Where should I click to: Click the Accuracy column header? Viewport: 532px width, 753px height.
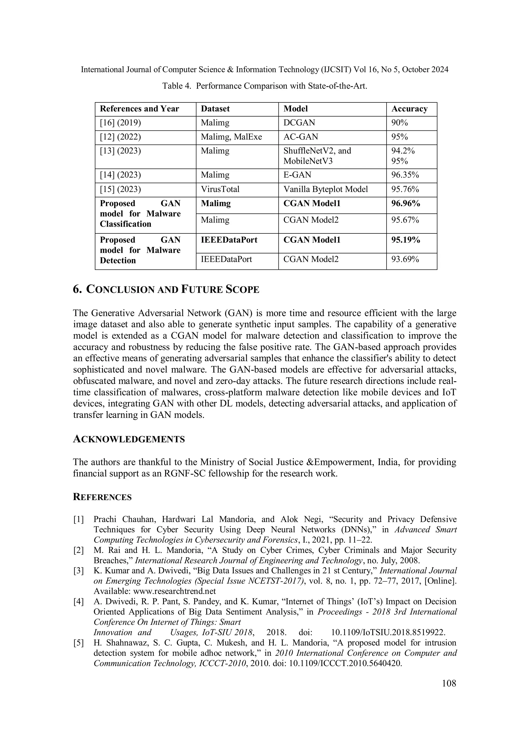point(409,109)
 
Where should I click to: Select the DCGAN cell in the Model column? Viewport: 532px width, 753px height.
point(299,123)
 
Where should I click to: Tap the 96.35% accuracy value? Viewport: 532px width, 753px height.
point(405,175)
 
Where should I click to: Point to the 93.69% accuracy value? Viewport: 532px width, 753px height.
point(405,259)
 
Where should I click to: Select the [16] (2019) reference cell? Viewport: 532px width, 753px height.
point(120,123)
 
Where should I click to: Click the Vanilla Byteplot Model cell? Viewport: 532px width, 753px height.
point(325,189)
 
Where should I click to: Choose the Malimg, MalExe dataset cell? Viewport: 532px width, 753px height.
point(231,137)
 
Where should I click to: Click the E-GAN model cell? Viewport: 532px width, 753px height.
point(297,175)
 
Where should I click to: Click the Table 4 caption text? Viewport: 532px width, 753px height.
point(264,86)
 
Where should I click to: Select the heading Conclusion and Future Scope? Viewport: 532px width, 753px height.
point(166,290)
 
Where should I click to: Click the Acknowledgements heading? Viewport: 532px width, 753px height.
point(129,439)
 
